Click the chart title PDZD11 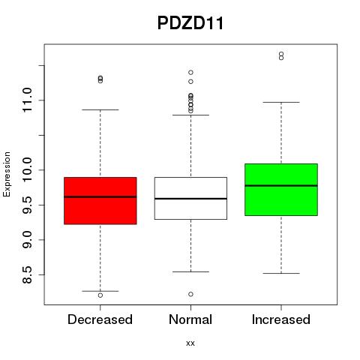click(x=190, y=23)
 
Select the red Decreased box click(x=100, y=201)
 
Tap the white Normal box click(x=190, y=198)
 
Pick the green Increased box click(x=281, y=190)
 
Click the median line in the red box click(x=100, y=196)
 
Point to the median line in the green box click(x=281, y=185)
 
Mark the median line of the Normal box click(x=190, y=199)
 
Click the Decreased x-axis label click(x=100, y=319)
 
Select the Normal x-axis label click(x=190, y=319)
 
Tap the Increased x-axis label click(x=281, y=319)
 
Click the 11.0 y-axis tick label click(x=27, y=100)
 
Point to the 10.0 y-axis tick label click(x=27, y=170)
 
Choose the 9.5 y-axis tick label click(x=27, y=205)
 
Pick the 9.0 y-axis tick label click(x=27, y=240)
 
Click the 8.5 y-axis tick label click(x=27, y=274)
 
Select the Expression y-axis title click(x=7, y=174)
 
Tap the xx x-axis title click(x=190, y=343)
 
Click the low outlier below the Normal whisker click(x=190, y=294)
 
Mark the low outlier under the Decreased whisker click(x=100, y=295)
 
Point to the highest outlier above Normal click(x=190, y=73)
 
